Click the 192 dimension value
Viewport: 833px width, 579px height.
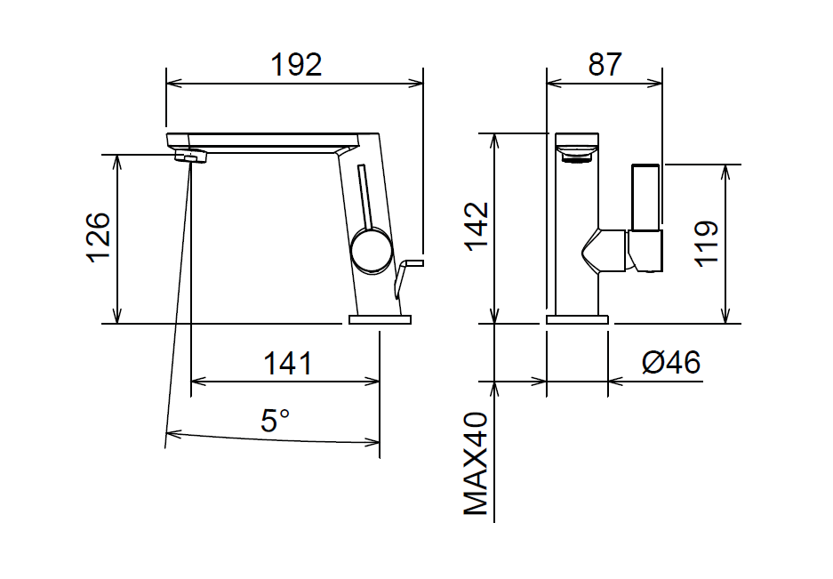[296, 65]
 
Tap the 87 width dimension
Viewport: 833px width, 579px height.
[605, 65]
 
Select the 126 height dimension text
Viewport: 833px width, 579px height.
[100, 237]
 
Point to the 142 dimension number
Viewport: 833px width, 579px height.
[477, 225]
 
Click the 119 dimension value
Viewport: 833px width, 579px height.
[707, 243]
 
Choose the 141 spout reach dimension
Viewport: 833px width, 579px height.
[288, 364]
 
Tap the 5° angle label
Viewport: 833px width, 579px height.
[276, 420]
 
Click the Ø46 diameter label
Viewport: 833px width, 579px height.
[671, 363]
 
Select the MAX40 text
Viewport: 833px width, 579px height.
[476, 463]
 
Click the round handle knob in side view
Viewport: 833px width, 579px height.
[372, 251]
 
